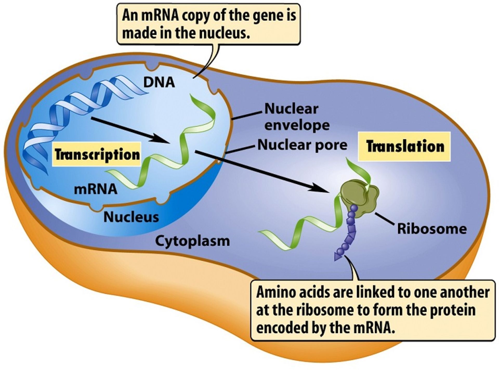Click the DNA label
(x=159, y=82)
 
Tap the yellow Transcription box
(x=97, y=154)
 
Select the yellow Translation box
(x=405, y=146)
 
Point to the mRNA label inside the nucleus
(x=96, y=189)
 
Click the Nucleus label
(x=131, y=217)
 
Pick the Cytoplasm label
(x=192, y=241)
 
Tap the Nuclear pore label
(x=302, y=145)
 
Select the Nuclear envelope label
(x=296, y=117)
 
